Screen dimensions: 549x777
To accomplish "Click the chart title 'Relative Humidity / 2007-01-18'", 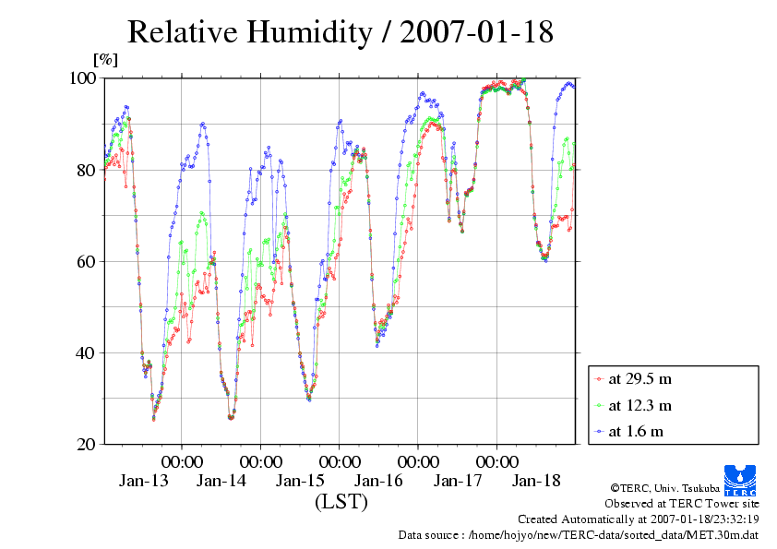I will [340, 33].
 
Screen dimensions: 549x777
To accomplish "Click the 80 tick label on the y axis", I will [87, 170].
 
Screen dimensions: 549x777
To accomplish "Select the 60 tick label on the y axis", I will [87, 261].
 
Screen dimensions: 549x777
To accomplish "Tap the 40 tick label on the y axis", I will [87, 352].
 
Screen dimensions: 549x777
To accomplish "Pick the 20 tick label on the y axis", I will [87, 444].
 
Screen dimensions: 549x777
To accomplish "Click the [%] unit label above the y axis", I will [106, 60].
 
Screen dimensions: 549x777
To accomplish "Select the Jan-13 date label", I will [143, 481].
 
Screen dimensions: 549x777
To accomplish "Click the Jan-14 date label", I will [221, 481].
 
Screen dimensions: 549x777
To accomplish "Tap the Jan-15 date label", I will [300, 481].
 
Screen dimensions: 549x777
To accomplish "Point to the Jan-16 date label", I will [379, 481].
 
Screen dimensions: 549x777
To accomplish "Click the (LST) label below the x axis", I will [341, 502].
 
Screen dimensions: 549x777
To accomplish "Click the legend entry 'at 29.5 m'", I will [640, 378].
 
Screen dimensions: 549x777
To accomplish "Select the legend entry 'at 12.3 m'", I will [640, 405].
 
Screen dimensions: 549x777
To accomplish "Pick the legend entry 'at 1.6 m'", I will [637, 431].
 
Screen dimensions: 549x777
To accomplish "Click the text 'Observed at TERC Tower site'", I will [682, 504].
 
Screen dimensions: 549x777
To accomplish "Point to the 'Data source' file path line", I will [579, 534].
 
